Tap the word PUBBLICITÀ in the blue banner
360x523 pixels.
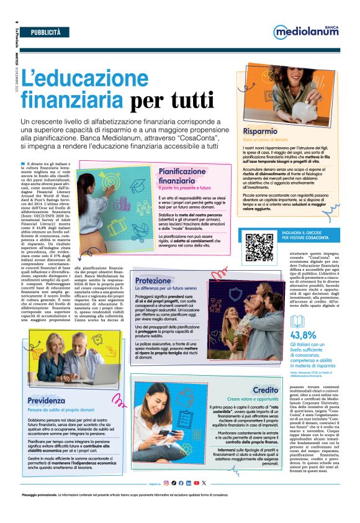[46, 30]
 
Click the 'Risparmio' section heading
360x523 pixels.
[260, 132]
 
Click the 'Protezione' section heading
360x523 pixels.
[154, 281]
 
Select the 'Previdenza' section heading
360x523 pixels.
[46, 401]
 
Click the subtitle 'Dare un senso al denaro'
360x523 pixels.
[265, 141]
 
